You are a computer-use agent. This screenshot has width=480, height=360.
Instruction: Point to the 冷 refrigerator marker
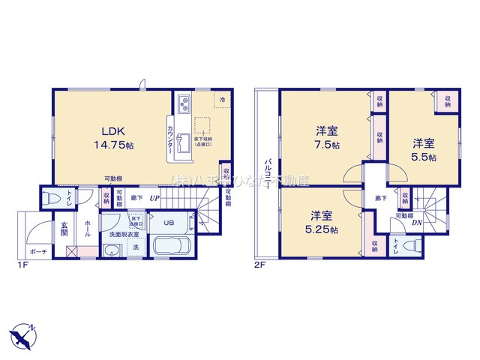(221, 98)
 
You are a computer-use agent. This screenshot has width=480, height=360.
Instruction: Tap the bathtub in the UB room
(172, 247)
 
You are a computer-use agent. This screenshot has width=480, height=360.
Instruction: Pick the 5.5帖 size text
(423, 155)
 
